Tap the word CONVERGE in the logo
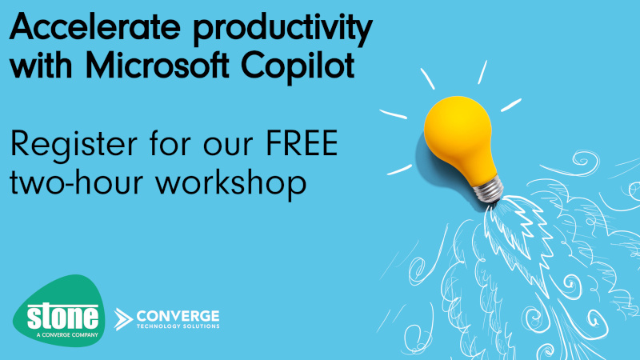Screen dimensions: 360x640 coord(178,315)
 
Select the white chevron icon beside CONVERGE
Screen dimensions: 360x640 coord(124,318)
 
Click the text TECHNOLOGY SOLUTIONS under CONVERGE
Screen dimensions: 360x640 coord(178,327)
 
